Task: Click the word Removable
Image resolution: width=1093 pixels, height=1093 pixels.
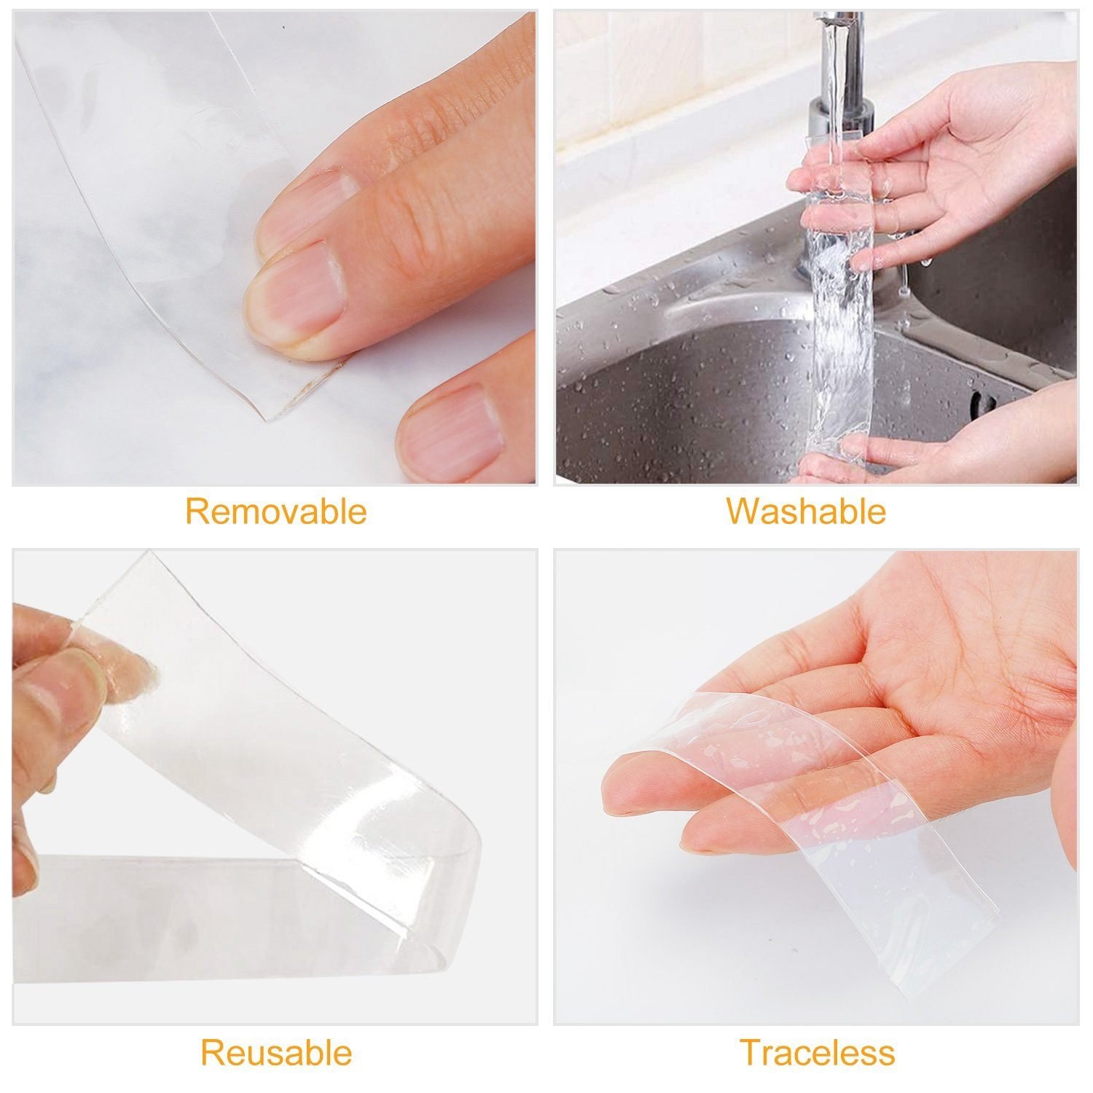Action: tap(275, 512)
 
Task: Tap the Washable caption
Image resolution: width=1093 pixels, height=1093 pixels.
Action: tap(806, 512)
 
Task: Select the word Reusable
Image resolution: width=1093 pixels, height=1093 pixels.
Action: tap(276, 1053)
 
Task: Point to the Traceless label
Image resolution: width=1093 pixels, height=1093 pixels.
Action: tap(817, 1053)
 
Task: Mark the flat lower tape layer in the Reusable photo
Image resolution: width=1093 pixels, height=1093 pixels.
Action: tap(219, 925)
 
